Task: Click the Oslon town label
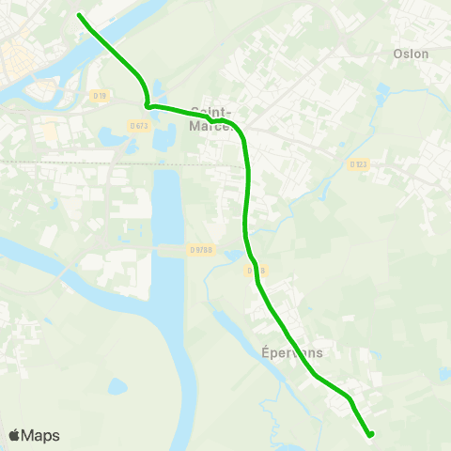[412, 54]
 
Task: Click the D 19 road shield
[101, 95]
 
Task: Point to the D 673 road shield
[140, 125]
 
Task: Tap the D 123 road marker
[358, 164]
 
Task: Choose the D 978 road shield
[201, 249]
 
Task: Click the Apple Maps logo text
[33, 435]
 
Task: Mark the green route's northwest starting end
[79, 15]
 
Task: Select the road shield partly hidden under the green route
[254, 271]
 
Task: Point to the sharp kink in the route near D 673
[148, 105]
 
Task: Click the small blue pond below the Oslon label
[382, 90]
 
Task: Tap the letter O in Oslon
[398, 54]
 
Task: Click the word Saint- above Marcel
[210, 109]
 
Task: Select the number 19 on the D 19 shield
[103, 95]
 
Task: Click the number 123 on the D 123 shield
[361, 164]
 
